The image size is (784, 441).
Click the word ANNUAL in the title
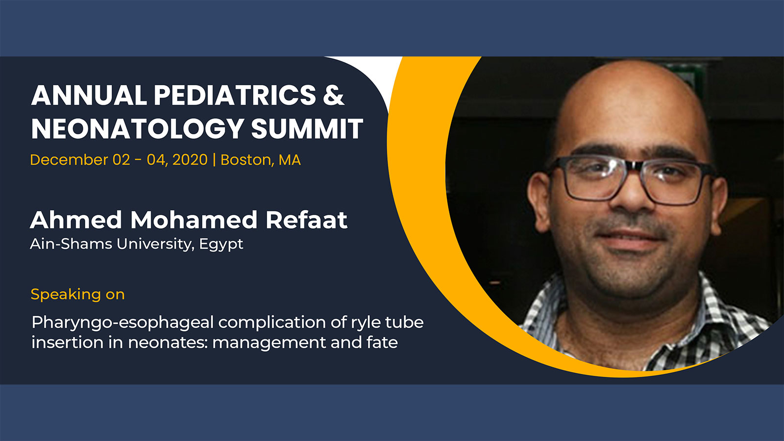(x=89, y=95)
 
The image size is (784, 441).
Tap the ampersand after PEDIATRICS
(x=334, y=95)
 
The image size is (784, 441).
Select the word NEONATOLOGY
(x=137, y=128)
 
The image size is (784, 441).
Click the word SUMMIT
(x=307, y=128)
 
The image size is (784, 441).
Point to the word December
(x=69, y=160)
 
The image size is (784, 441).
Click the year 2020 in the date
(x=190, y=160)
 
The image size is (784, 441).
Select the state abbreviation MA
(x=290, y=160)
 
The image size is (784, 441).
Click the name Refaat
(x=307, y=220)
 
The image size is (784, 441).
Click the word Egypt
(x=221, y=245)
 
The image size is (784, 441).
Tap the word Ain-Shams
(x=71, y=244)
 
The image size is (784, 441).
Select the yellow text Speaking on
(x=78, y=294)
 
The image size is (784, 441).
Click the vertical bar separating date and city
(x=214, y=160)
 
